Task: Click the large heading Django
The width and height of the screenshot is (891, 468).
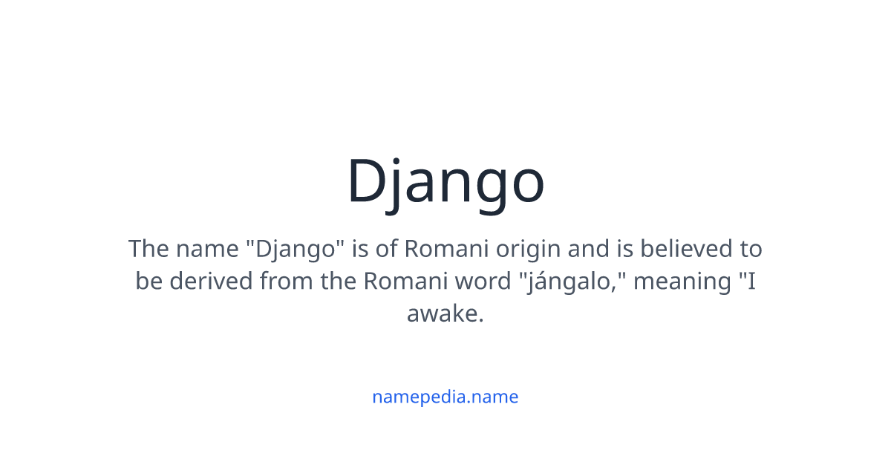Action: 446,183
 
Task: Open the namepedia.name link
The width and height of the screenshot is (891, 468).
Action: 445,397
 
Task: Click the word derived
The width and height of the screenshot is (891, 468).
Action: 208,282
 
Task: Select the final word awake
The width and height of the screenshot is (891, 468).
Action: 444,314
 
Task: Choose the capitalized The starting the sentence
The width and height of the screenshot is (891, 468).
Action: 148,248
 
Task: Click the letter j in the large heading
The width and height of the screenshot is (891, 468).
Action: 401,186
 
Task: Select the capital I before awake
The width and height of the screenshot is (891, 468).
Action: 751,282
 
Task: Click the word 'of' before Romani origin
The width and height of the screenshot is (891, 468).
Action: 386,248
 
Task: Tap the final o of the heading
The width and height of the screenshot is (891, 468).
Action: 524,186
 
